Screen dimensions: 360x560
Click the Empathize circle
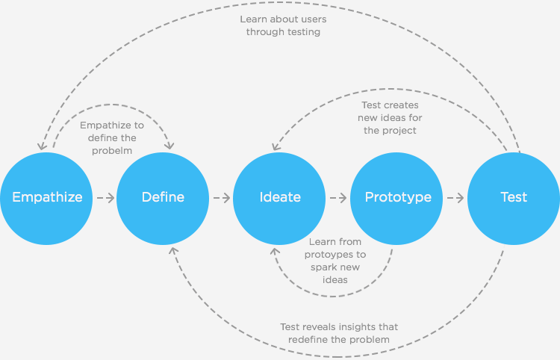pyautogui.click(x=46, y=198)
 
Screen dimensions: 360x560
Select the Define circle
pyautogui.click(x=163, y=198)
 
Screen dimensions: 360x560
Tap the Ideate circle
pyautogui.click(x=280, y=198)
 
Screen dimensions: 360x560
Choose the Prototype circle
pyautogui.click(x=397, y=198)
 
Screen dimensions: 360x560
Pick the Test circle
pyautogui.click(x=514, y=198)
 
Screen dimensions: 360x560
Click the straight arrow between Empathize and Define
pyautogui.click(x=105, y=198)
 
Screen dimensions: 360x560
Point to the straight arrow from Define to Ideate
pyautogui.click(x=222, y=198)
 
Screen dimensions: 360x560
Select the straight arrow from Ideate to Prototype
pyautogui.click(x=338, y=198)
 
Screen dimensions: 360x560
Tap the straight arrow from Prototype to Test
pyautogui.click(x=455, y=198)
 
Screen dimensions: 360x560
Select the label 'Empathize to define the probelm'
pyautogui.click(x=112, y=138)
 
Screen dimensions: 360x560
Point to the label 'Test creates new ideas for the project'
pyautogui.click(x=390, y=118)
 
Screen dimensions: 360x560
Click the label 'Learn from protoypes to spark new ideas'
pyautogui.click(x=335, y=260)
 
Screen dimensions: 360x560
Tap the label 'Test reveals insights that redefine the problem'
pyautogui.click(x=339, y=333)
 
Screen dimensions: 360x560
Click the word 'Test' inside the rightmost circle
pyautogui.click(x=514, y=198)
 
